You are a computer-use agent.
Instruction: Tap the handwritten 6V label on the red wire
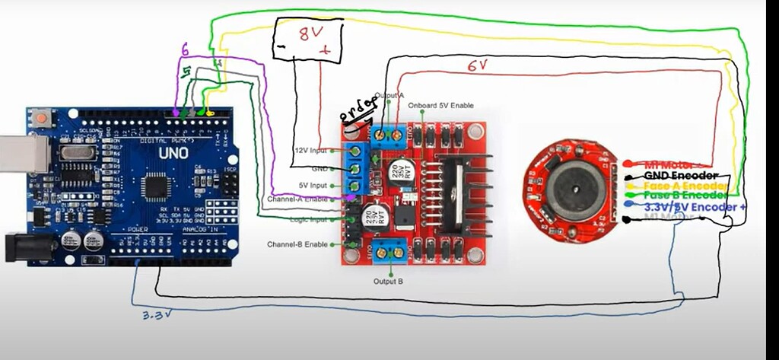click(477, 66)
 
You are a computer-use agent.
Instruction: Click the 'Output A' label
click(389, 95)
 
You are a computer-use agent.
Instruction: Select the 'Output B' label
click(389, 282)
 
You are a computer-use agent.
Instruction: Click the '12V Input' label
click(310, 151)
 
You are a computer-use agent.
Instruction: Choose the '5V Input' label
click(313, 185)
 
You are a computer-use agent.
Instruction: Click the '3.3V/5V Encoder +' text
click(695, 206)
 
